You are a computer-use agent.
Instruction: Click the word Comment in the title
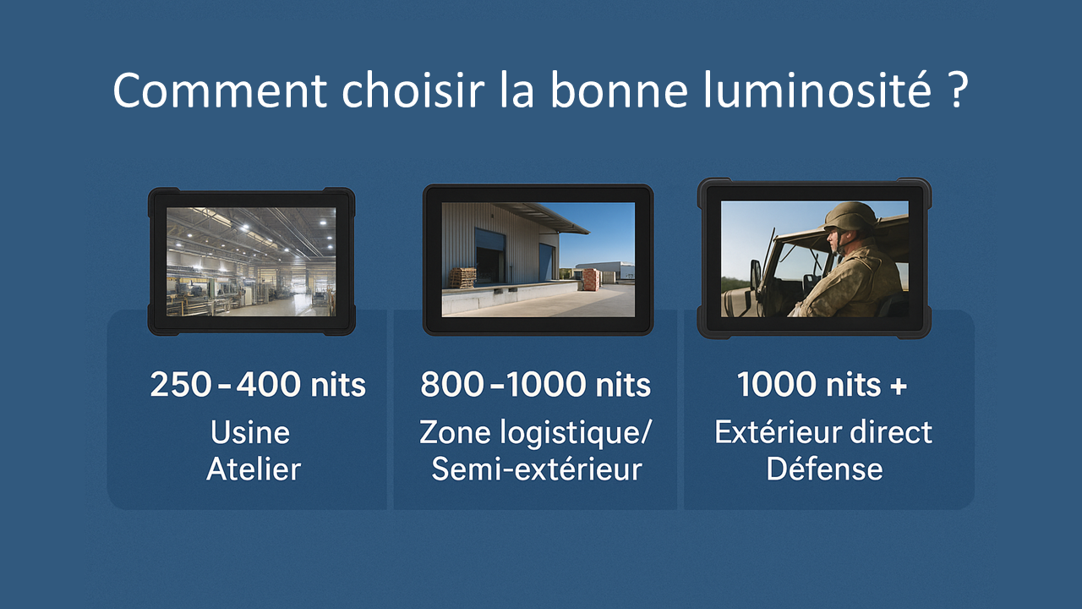coord(220,91)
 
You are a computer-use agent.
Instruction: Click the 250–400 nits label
coord(258,385)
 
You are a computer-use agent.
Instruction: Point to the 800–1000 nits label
coord(536,385)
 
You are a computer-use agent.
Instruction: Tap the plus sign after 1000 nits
coord(898,387)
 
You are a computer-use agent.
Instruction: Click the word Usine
coord(250,432)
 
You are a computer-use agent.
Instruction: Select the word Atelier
coord(254,469)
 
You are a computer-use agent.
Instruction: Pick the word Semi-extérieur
coord(537,469)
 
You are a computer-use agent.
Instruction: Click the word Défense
coord(824,469)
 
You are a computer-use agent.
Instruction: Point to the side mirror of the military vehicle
coord(756,277)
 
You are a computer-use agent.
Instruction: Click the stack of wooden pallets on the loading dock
coord(462,278)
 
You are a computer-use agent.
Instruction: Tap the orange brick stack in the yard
coord(593,280)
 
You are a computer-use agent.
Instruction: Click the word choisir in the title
coord(413,91)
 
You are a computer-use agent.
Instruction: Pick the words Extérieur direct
coord(823,432)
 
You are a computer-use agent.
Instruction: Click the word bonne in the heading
coord(619,91)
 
